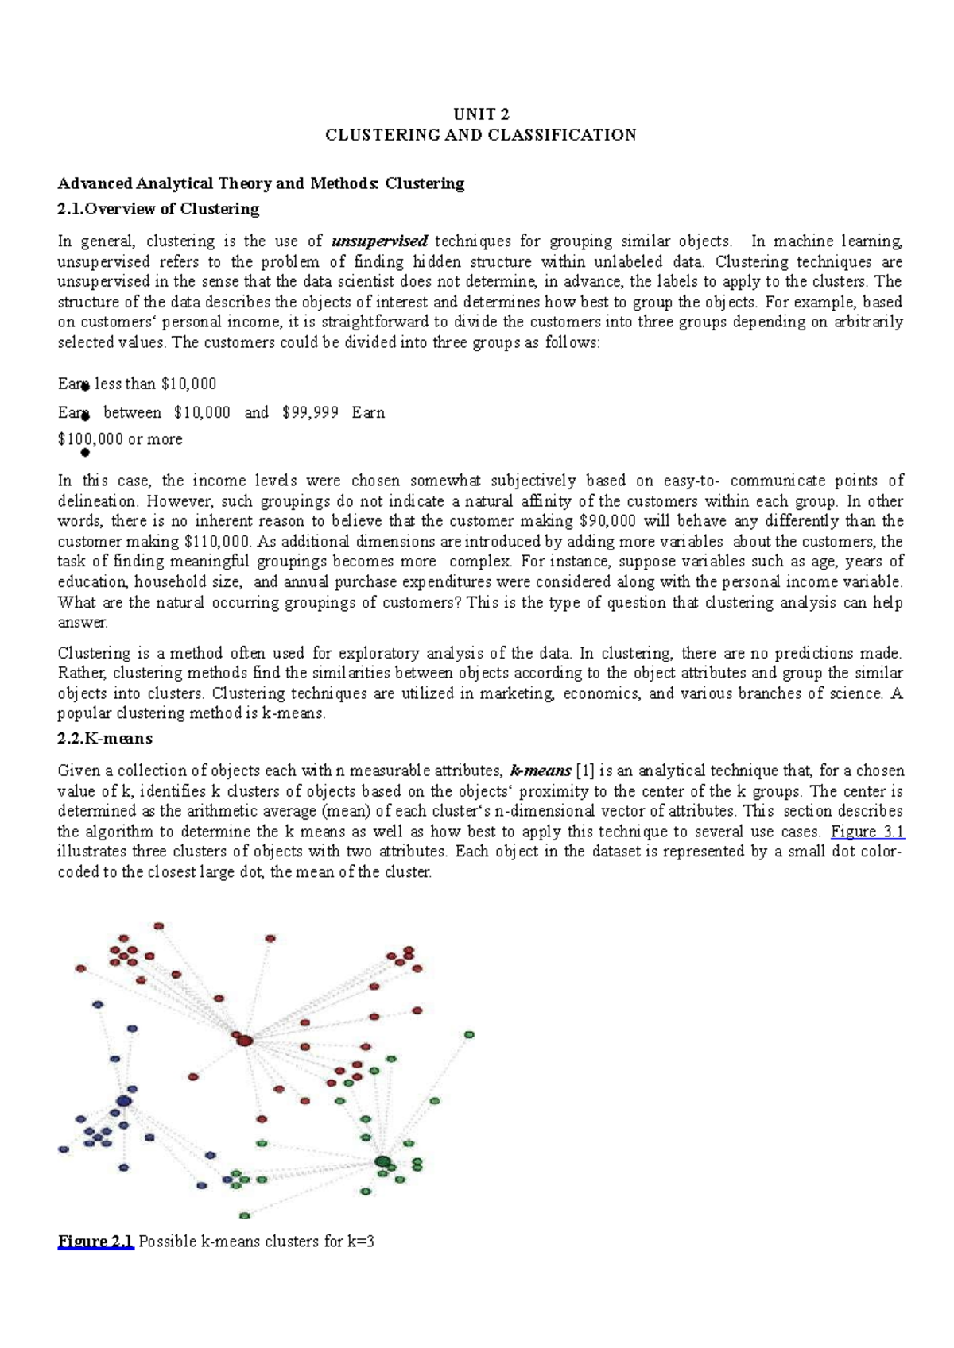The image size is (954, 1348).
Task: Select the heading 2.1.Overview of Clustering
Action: pos(158,209)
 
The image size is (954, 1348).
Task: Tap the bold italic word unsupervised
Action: pos(379,241)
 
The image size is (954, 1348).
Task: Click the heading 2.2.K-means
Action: pos(105,739)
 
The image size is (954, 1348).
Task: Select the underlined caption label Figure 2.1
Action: pos(95,1242)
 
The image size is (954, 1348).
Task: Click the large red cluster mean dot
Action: pos(244,1040)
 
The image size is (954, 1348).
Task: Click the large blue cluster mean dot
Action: pos(123,1101)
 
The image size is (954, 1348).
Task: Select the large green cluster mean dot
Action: pos(383,1162)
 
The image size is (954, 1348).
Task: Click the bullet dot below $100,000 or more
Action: pos(85,454)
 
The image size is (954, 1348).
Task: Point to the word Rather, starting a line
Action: pos(77,673)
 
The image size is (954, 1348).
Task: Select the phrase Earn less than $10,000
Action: pos(137,384)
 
